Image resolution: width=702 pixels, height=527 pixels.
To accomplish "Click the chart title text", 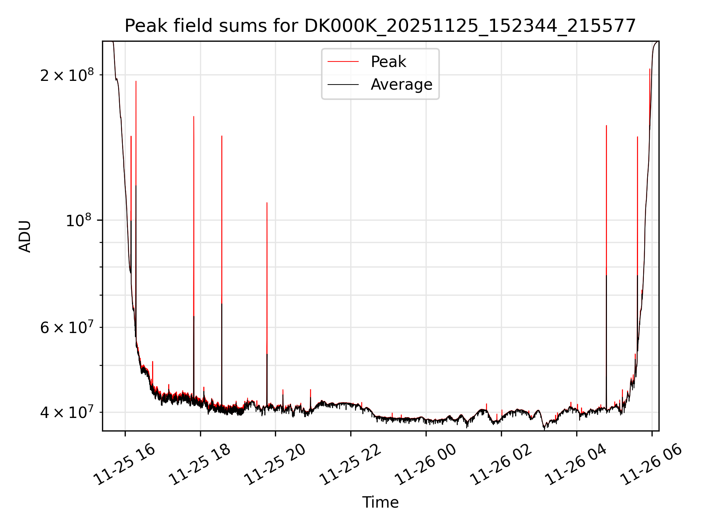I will (380, 26).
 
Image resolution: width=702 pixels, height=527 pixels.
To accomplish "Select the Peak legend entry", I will (388, 62).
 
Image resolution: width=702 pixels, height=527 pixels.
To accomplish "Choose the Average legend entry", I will (401, 85).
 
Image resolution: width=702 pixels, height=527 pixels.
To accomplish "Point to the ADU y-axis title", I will (25, 236).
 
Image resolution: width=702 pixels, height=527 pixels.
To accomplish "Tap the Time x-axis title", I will (380, 502).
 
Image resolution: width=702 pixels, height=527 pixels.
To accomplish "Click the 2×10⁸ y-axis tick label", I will (67, 75).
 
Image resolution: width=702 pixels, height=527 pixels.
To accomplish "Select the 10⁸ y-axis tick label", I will (78, 221).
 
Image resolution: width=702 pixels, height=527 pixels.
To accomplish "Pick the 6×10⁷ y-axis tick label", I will (67, 328).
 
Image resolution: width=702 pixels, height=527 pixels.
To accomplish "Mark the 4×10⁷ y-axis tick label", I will (67, 412).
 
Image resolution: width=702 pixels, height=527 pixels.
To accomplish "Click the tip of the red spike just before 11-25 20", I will (267, 203).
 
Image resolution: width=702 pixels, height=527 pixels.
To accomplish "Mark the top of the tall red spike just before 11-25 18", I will (194, 116).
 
